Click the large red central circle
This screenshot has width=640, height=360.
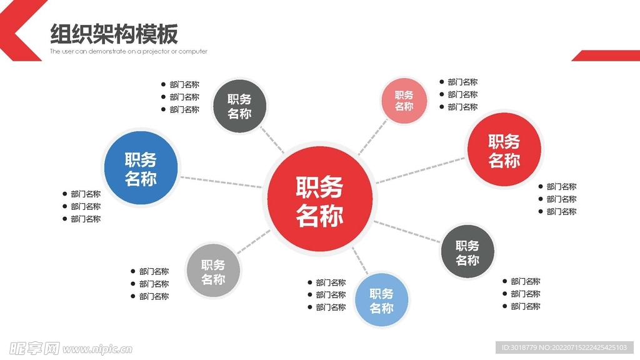point(320,199)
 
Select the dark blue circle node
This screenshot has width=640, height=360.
point(141,167)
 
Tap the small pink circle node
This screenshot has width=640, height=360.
point(404,101)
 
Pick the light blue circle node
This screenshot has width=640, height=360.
point(382,300)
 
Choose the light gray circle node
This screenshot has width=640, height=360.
point(213,271)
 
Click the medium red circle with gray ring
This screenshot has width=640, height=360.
point(504,150)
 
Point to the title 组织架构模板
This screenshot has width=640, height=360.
point(114,34)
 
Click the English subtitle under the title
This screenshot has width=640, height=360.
point(129,51)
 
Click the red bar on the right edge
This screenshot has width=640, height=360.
point(606,56)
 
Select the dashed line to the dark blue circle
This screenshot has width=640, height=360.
point(221,182)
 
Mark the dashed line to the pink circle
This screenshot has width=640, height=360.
point(372,137)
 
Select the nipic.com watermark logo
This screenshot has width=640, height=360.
point(71,349)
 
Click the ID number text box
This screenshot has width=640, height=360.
point(564,347)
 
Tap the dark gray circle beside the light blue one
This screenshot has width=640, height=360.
point(467,251)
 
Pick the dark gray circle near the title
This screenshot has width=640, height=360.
point(239,106)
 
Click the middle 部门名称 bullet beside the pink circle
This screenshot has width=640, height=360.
point(458,95)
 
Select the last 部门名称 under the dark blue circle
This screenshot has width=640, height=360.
point(82,219)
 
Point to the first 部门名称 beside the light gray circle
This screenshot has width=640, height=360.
point(150,271)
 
